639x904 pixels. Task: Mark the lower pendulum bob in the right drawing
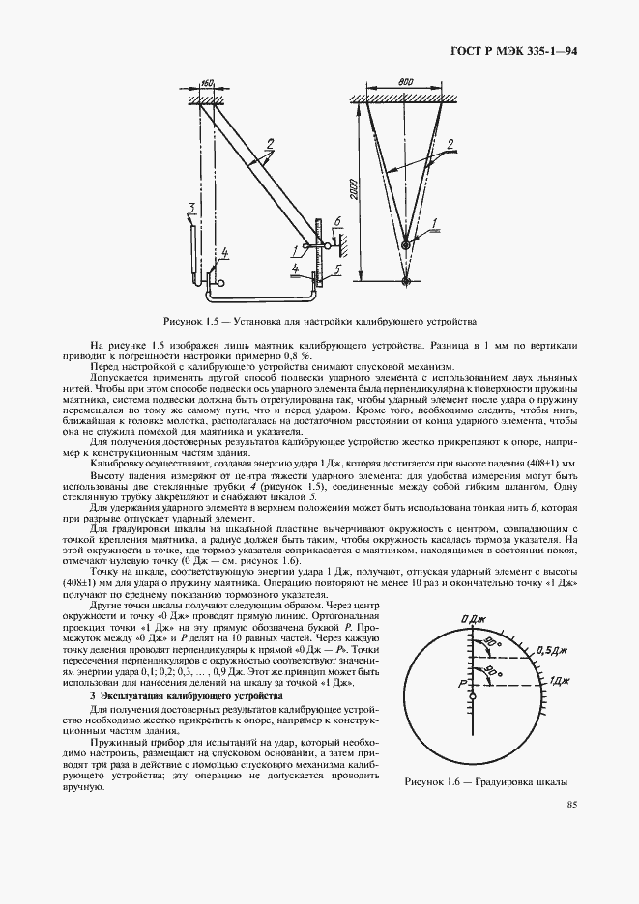point(406,282)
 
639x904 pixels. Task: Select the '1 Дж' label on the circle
point(560,681)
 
